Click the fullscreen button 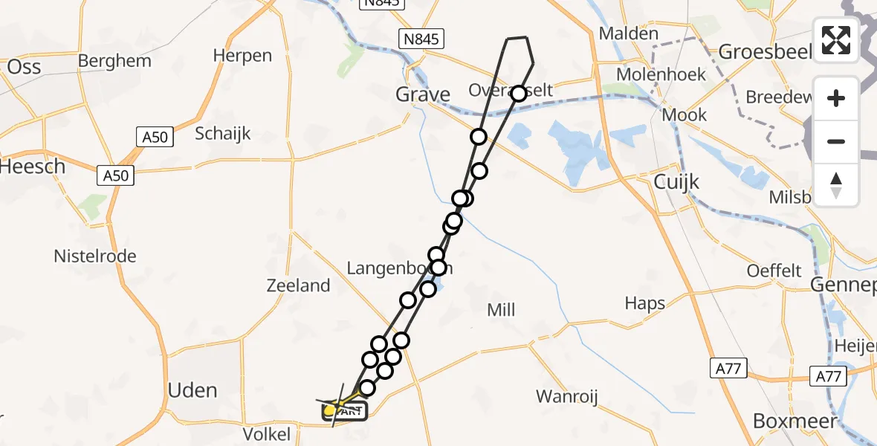click(836, 40)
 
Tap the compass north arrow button click(836, 184)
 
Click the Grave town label click(422, 94)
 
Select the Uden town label click(192, 390)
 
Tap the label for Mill click(501, 310)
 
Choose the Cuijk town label click(677, 182)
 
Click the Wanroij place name click(567, 395)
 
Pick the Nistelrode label click(95, 256)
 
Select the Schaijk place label click(223, 134)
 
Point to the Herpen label click(242, 56)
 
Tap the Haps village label click(644, 303)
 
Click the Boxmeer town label click(795, 421)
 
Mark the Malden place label click(629, 33)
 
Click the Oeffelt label click(775, 271)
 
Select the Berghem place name click(114, 61)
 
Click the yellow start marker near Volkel click(331, 410)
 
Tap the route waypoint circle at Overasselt click(518, 93)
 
